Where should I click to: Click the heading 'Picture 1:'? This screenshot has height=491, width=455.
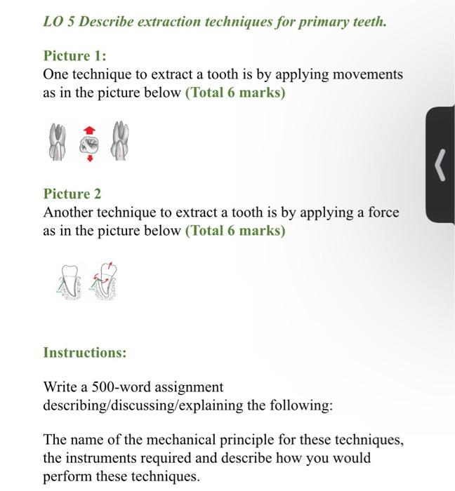(x=75, y=55)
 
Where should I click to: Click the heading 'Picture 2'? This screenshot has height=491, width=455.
(x=72, y=194)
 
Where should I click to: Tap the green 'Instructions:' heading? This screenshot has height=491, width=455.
(x=85, y=352)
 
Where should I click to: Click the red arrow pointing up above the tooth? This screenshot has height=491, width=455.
(x=89, y=130)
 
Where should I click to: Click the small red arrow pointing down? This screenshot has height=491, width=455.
(x=89, y=158)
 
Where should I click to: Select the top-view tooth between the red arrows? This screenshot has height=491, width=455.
(x=89, y=144)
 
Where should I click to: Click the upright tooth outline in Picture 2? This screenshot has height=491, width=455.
(x=69, y=282)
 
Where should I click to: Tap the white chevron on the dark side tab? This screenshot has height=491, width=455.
(x=440, y=166)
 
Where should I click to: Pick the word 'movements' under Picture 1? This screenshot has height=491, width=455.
(x=369, y=74)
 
